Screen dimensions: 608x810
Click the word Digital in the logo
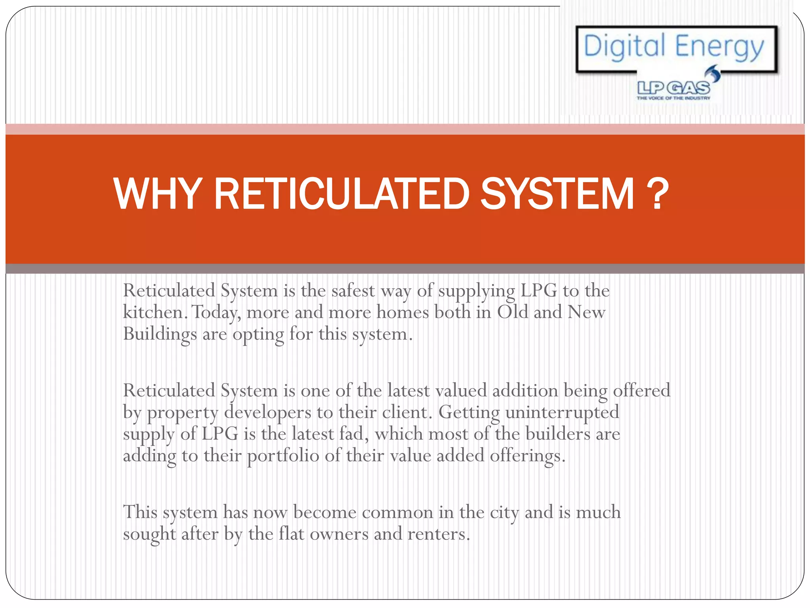[625, 46]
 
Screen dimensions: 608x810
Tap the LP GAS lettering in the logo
[673, 88]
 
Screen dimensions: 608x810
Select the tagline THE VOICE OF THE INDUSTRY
[673, 98]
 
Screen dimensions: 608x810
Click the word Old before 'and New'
[512, 312]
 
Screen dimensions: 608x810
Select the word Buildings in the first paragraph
[160, 334]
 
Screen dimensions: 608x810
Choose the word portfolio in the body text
[283, 456]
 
